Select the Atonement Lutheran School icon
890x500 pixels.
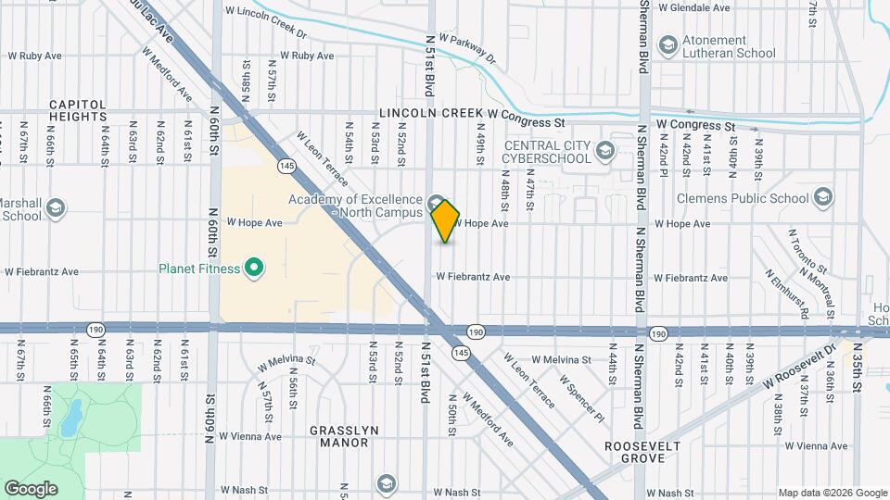[x=667, y=45]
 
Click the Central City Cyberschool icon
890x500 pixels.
[x=604, y=150]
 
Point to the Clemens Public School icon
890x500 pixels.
[x=821, y=196]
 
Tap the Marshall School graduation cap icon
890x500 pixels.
[x=55, y=208]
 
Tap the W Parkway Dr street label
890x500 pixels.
[x=468, y=49]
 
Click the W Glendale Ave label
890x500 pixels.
[x=693, y=7]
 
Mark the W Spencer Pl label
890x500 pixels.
[x=581, y=397]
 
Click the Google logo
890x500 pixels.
[x=31, y=488]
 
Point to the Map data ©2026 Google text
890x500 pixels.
[x=832, y=493]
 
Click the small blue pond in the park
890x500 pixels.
[x=70, y=419]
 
